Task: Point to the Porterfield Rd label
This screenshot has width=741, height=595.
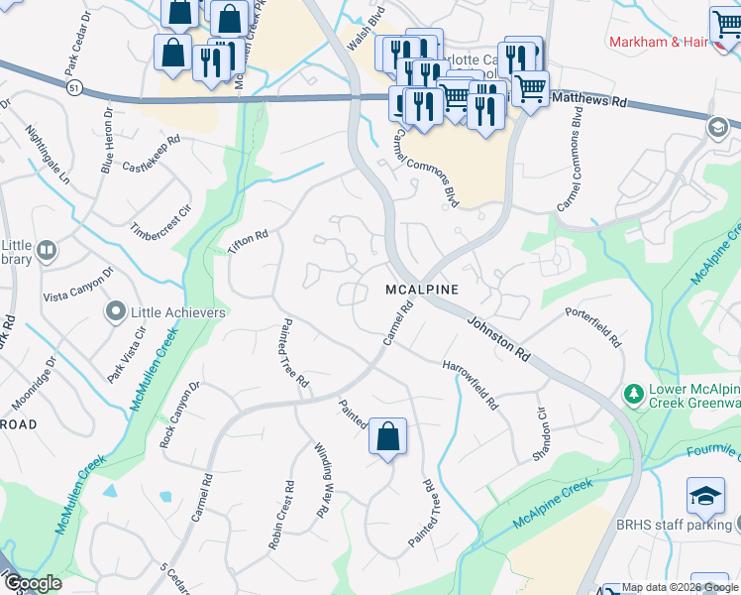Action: click(x=593, y=326)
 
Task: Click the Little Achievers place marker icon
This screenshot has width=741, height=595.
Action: click(x=116, y=312)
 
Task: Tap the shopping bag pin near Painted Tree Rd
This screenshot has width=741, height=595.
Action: click(x=388, y=435)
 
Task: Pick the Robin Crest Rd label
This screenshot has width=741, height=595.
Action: click(x=280, y=515)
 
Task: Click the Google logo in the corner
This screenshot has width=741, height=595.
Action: click(x=32, y=583)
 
